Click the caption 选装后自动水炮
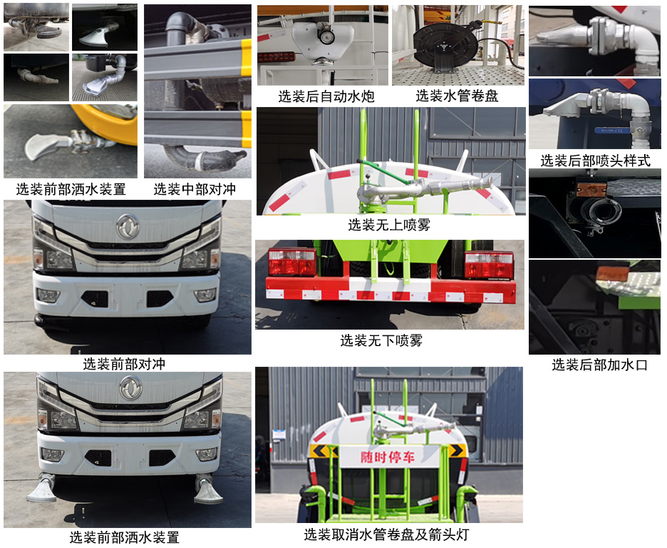(326, 96)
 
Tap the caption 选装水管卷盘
(457, 96)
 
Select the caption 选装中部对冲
(195, 189)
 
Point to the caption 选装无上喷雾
(389, 225)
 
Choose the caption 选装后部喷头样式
(595, 161)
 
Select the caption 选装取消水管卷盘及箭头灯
(386, 534)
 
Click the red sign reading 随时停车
(386, 455)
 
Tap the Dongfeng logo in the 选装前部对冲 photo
(128, 227)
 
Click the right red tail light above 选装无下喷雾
(488, 264)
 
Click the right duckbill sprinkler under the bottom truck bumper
(208, 491)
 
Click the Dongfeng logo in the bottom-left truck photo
(130, 388)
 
